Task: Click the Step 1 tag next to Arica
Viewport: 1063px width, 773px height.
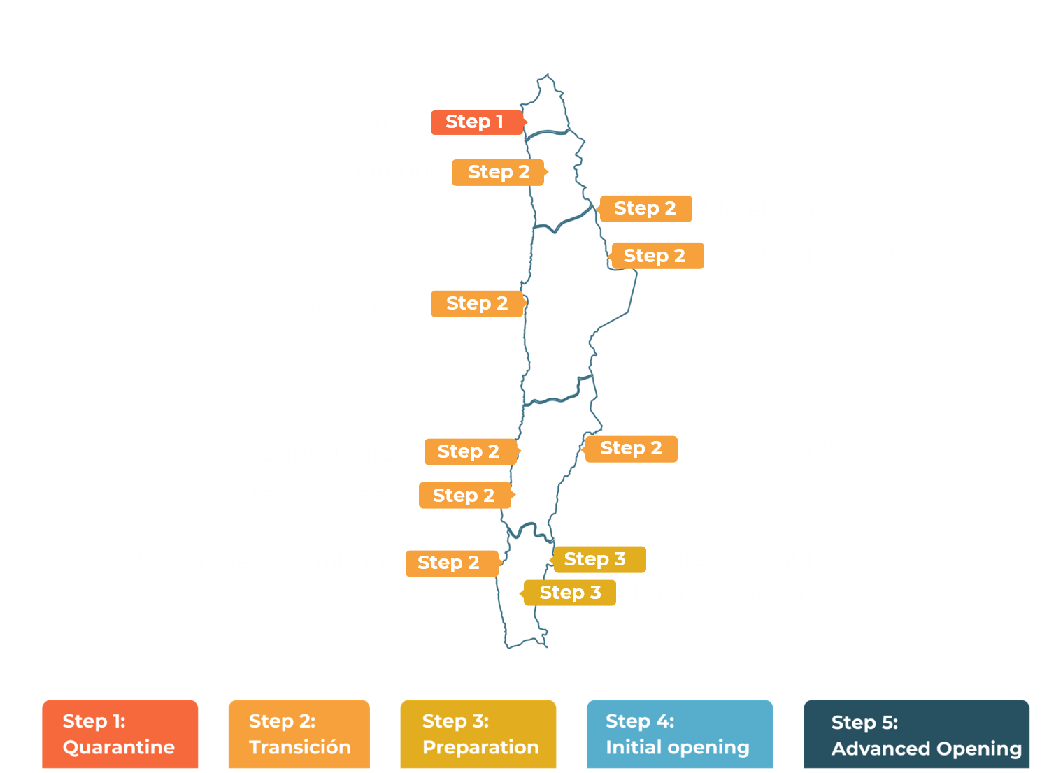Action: (x=476, y=122)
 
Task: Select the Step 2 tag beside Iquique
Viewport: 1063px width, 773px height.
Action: (x=498, y=172)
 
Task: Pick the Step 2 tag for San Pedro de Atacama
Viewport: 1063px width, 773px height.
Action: (x=655, y=256)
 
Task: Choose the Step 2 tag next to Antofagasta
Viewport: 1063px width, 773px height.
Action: (x=476, y=303)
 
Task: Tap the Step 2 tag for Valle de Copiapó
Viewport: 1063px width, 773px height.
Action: (x=631, y=448)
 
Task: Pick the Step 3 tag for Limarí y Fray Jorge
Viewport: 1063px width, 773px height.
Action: (x=570, y=593)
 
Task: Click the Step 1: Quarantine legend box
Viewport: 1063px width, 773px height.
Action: (x=120, y=734)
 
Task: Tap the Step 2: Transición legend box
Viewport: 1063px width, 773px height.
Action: (x=299, y=734)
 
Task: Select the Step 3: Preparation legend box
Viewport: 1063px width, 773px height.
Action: (x=478, y=734)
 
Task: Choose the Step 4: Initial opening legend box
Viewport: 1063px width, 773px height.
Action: (x=679, y=734)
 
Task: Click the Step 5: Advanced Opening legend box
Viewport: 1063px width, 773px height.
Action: (x=916, y=735)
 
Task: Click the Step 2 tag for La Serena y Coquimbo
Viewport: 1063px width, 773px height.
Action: (x=450, y=563)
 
